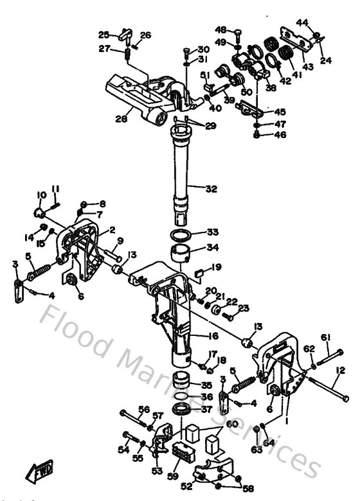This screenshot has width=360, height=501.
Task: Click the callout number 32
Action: tap(211, 189)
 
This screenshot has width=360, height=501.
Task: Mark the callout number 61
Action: tap(326, 337)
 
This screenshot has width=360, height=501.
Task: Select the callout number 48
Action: tap(221, 30)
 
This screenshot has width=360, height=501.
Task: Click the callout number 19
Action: tap(217, 267)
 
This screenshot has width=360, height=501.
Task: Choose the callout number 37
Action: tap(206, 410)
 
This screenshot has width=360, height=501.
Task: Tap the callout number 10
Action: tap(41, 195)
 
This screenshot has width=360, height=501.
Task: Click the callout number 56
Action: tap(144, 409)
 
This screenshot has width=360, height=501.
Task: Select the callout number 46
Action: tap(280, 136)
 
